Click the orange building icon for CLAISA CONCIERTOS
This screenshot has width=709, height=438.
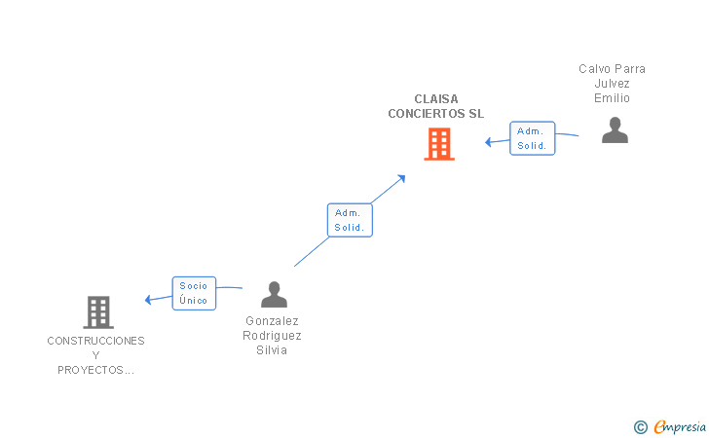439,144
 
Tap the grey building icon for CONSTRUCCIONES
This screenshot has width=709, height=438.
98,312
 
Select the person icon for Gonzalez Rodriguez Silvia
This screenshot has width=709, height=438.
274,294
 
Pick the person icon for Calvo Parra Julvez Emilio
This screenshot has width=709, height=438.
615,130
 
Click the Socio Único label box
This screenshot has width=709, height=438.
194,293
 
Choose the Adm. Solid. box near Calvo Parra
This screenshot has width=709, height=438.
532,138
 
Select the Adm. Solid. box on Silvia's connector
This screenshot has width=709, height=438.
350,220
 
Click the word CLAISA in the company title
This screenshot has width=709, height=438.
436,99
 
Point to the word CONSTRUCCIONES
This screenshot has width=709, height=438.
95,341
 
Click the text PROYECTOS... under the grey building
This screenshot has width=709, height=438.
95,370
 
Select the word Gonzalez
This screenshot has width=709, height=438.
273,321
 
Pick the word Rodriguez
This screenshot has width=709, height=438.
273,336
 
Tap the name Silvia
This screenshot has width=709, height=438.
272,350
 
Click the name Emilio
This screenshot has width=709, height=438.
612,98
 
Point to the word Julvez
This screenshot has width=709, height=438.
612,84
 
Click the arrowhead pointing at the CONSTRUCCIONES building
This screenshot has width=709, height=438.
148,299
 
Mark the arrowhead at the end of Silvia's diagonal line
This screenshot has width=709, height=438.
401,178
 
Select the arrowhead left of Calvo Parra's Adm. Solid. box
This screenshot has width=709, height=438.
488,142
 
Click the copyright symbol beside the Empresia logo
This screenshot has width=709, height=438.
640,427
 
